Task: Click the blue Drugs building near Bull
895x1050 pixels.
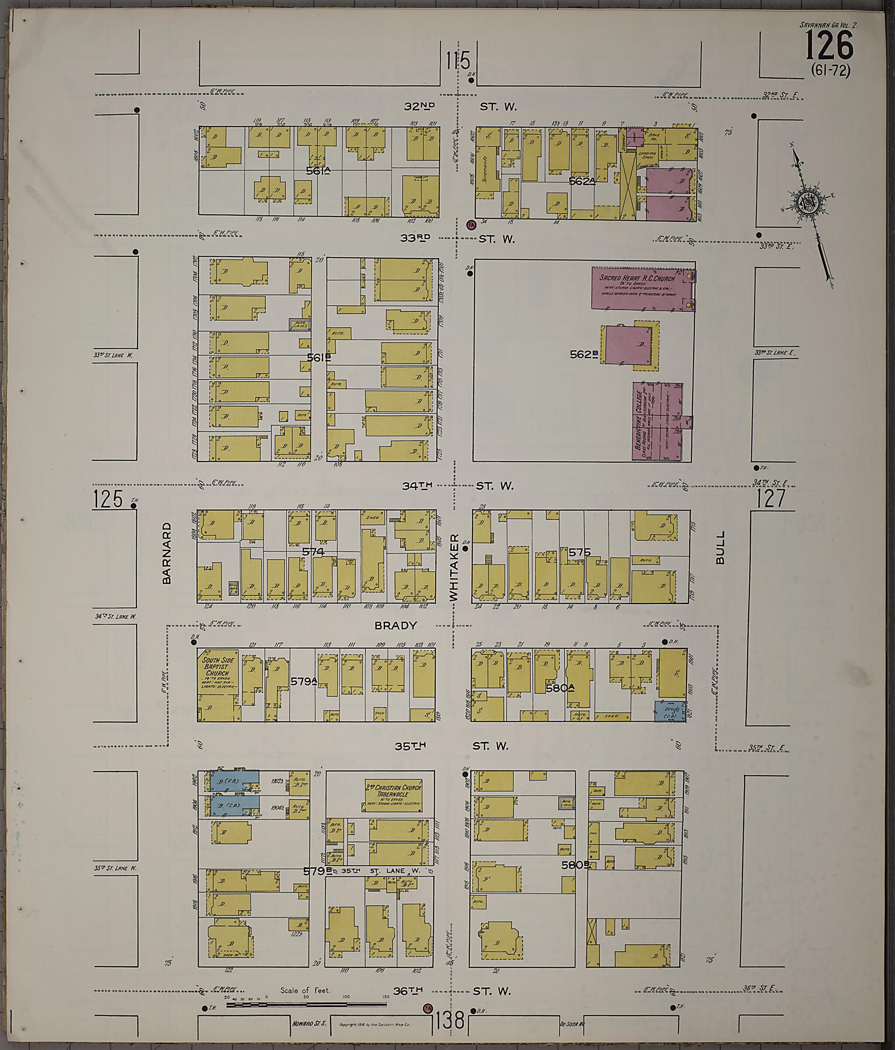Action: click(x=670, y=711)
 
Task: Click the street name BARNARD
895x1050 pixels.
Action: click(x=167, y=554)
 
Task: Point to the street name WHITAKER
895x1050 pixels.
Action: click(x=454, y=567)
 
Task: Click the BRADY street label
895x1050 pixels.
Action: click(x=395, y=626)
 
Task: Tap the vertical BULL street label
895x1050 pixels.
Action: click(x=720, y=548)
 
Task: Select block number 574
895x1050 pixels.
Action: click(x=312, y=551)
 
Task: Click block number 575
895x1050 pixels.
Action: click(x=579, y=552)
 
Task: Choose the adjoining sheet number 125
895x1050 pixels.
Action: click(x=108, y=499)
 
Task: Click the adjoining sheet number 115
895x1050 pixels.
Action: click(x=458, y=61)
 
